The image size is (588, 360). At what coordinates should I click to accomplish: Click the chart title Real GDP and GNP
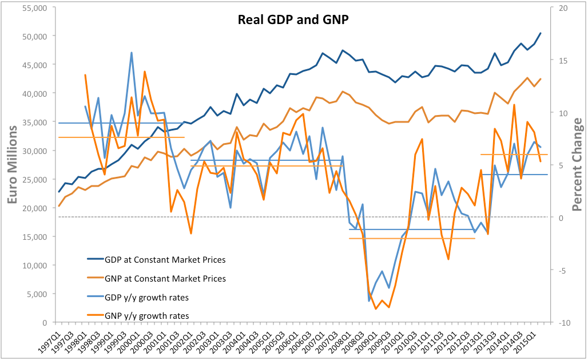pyautogui.click(x=293, y=19)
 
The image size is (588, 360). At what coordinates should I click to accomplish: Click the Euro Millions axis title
pyautogui.click(x=13, y=165)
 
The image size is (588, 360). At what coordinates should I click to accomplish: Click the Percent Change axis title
pyautogui.click(x=577, y=165)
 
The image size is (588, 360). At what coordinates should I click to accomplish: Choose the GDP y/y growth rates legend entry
pyautogui.click(x=146, y=298)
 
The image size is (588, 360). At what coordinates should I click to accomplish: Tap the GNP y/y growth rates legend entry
pyautogui.click(x=146, y=316)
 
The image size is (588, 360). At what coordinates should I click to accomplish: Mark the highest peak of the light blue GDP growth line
pyautogui.click(x=132, y=53)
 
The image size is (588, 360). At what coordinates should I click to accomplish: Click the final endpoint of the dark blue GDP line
pyautogui.click(x=541, y=33)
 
